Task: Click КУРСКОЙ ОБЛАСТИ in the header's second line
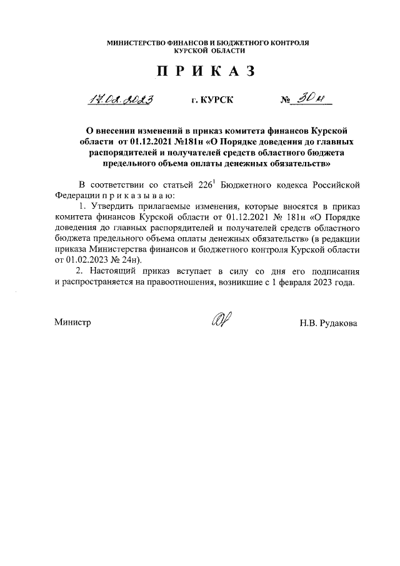pos(206,52)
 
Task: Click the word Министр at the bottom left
pos(72,323)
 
